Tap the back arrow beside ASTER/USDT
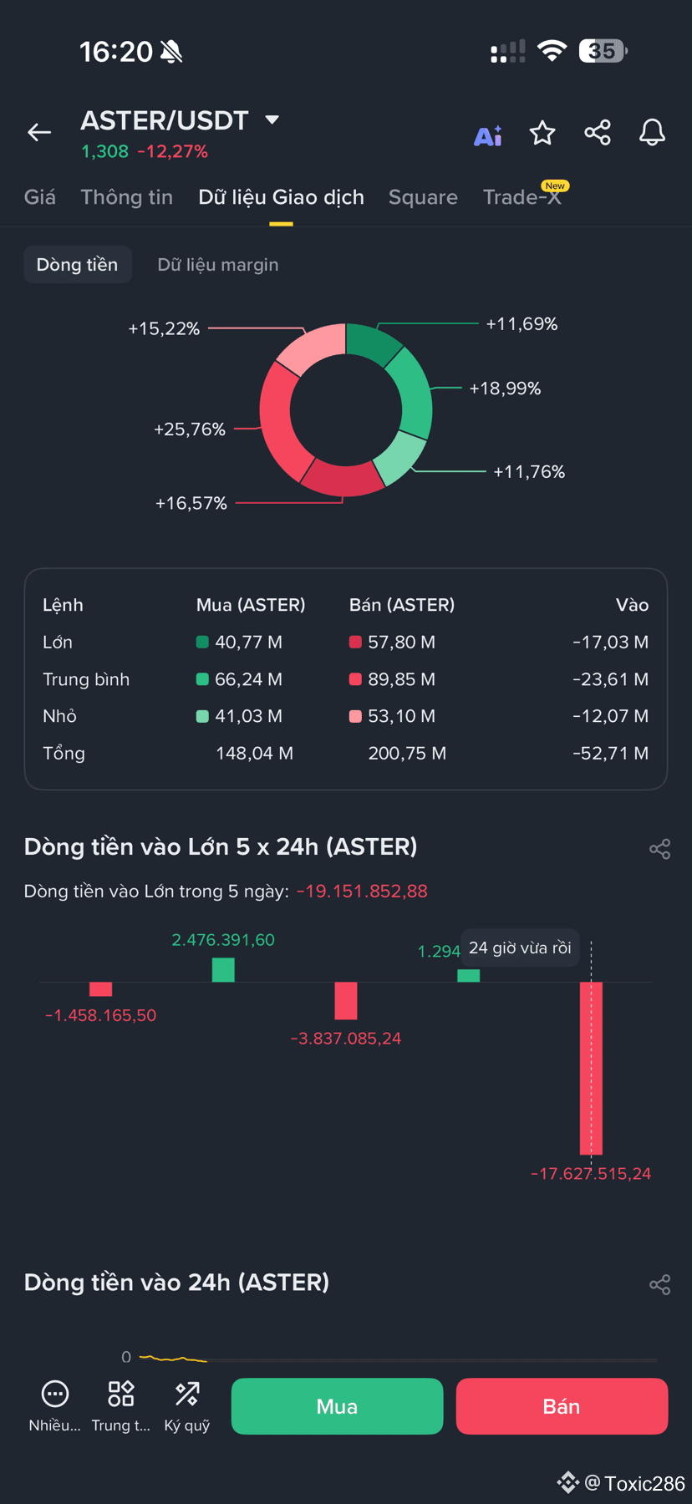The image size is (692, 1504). (39, 132)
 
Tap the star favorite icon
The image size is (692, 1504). (542, 133)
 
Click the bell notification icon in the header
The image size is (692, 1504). (652, 133)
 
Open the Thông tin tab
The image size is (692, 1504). (127, 197)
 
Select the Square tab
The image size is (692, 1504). (423, 197)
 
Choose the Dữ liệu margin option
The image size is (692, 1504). (218, 265)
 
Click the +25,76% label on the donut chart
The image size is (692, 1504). (190, 429)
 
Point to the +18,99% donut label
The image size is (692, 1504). (505, 389)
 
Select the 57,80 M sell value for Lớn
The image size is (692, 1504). (401, 643)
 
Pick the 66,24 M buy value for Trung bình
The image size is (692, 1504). (248, 679)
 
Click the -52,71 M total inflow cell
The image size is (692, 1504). (611, 754)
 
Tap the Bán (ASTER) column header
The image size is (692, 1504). (402, 605)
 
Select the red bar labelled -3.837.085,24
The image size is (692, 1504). (346, 1000)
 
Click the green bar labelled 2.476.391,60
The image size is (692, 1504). (223, 970)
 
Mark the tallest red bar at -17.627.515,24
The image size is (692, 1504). (592, 1068)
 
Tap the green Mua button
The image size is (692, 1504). (337, 1406)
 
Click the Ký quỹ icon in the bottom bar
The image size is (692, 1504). (187, 1394)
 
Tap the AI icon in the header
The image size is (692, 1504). (488, 135)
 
